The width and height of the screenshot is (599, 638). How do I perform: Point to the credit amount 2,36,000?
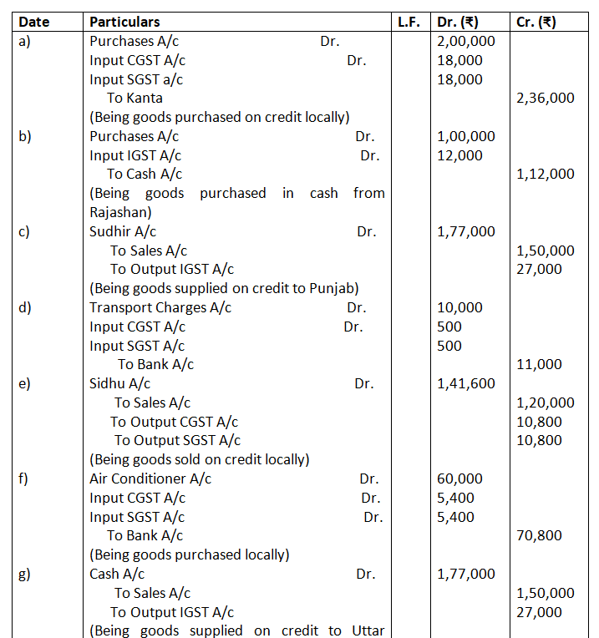(x=546, y=99)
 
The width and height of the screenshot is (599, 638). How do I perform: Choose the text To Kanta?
(x=135, y=99)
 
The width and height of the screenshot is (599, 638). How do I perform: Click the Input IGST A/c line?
(x=135, y=155)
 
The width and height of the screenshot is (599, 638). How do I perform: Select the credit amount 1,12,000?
(x=546, y=175)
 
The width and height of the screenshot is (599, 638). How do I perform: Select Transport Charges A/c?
(x=160, y=307)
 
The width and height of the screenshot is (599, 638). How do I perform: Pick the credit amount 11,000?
(x=540, y=364)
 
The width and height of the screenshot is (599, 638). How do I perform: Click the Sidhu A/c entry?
(x=119, y=383)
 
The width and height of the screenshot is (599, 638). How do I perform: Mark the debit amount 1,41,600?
(x=465, y=383)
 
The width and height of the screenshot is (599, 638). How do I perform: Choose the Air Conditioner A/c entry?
(x=150, y=478)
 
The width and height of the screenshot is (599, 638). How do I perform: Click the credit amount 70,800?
(x=540, y=535)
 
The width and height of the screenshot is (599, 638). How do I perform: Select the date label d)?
(x=26, y=307)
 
